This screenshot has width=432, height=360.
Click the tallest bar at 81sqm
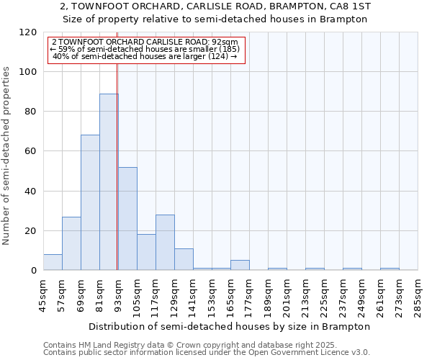pyautogui.click(x=109, y=182)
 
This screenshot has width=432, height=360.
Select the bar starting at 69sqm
pyautogui.click(x=90, y=203)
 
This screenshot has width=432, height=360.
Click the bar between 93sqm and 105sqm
pyautogui.click(x=127, y=219)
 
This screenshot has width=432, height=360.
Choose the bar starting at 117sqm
pyautogui.click(x=165, y=243)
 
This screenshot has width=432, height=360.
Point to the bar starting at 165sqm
pyautogui.click(x=240, y=265)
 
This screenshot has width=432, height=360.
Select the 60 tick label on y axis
pyautogui.click(x=31, y=151)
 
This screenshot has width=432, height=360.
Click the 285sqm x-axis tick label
pyautogui.click(x=418, y=296)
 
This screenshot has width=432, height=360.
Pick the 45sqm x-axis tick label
pyautogui.click(x=44, y=296)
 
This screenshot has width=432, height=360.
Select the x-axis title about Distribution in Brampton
pyautogui.click(x=230, y=326)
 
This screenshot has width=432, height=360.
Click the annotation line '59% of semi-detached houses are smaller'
pyautogui.click(x=146, y=49)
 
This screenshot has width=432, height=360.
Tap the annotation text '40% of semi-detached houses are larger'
pyautogui.click(x=146, y=56)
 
